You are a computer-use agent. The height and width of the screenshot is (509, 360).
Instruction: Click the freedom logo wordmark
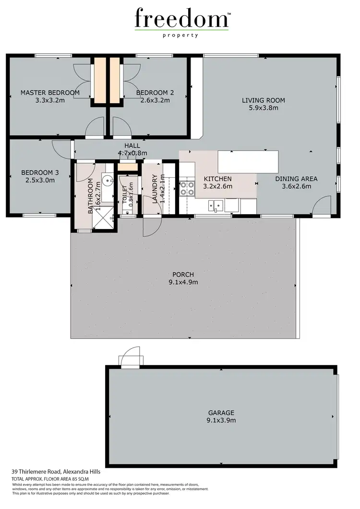[181, 19]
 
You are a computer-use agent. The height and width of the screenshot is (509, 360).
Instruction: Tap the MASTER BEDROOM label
[50, 93]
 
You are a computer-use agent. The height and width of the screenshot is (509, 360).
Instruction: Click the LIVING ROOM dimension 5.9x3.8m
[263, 108]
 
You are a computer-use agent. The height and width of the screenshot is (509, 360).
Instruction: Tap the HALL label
[132, 145]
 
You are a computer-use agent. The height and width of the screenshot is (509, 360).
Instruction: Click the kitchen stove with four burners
[187, 188]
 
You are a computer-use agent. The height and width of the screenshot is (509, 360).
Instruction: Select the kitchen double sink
[215, 206]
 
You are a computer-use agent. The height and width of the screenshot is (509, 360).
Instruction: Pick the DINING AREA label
[296, 179]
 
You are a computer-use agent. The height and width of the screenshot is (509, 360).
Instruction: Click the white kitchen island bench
[248, 162]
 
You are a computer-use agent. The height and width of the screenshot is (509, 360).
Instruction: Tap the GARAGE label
[221, 412]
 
